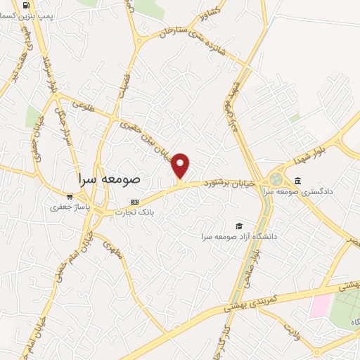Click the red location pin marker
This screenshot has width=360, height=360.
[x=181, y=166]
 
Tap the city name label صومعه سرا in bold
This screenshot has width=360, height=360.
[x=111, y=179]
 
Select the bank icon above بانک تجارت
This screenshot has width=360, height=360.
[x=135, y=202]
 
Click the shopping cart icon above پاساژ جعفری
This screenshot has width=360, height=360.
[x=69, y=197]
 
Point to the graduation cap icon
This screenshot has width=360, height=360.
[x=239, y=226]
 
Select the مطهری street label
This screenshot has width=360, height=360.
[x=113, y=249]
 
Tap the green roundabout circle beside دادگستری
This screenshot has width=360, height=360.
[x=275, y=179]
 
